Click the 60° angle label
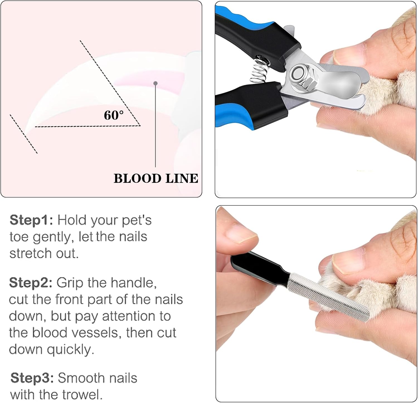click(113, 115)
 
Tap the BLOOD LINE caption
click(156, 179)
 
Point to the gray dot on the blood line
click(155, 83)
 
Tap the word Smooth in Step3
click(78, 378)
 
